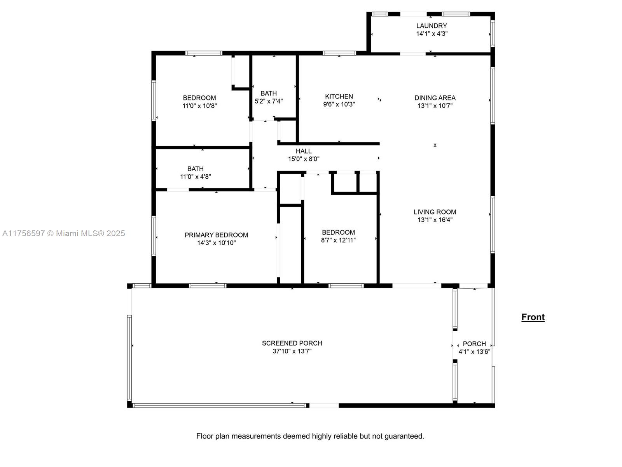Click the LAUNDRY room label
(431, 26)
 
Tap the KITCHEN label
(339, 97)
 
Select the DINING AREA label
(435, 98)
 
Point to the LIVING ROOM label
(435, 212)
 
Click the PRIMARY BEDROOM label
(216, 235)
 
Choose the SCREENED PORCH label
(292, 343)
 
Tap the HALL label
(304, 151)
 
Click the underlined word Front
(533, 317)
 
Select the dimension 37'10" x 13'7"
(292, 351)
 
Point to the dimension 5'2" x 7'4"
(268, 101)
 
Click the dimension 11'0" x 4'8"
(195, 177)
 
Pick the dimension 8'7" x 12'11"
(338, 240)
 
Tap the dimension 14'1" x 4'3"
(432, 33)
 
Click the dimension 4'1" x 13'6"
(474, 351)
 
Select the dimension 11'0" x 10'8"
(199, 106)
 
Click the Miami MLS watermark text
(63, 233)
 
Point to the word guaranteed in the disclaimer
(404, 436)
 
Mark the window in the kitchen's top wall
(339, 53)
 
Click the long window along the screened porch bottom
(219, 406)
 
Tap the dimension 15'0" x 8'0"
(304, 159)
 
